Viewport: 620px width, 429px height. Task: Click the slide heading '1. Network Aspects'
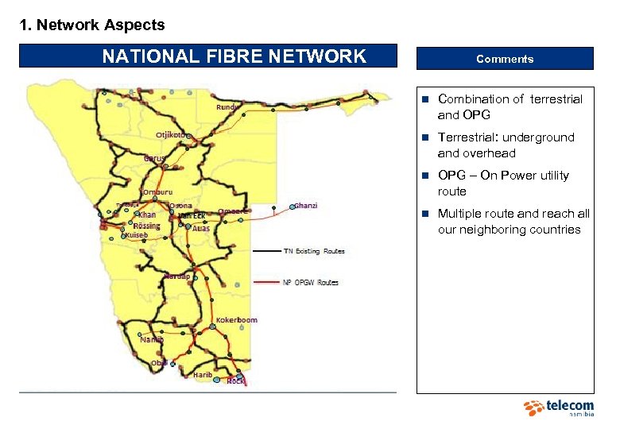point(92,25)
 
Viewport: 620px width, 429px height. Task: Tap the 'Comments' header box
point(505,59)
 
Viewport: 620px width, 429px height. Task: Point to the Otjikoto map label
point(172,135)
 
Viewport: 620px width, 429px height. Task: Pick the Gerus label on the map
point(154,158)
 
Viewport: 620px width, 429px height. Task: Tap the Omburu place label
point(157,192)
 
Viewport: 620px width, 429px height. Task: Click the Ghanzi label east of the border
point(305,206)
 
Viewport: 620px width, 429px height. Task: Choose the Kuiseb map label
point(137,235)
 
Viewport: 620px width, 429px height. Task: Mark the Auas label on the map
point(201,228)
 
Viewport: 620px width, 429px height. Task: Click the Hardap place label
point(176,276)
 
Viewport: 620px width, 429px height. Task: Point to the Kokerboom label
point(237,320)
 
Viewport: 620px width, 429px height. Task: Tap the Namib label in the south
point(152,339)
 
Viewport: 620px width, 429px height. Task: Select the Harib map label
point(203,374)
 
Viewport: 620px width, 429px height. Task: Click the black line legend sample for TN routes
point(266,251)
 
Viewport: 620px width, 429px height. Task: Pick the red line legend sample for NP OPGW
point(266,282)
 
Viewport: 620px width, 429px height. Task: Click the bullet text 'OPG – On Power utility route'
point(503,184)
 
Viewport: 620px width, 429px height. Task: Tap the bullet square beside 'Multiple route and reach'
point(426,214)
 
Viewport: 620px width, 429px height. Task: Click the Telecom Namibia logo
point(559,408)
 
